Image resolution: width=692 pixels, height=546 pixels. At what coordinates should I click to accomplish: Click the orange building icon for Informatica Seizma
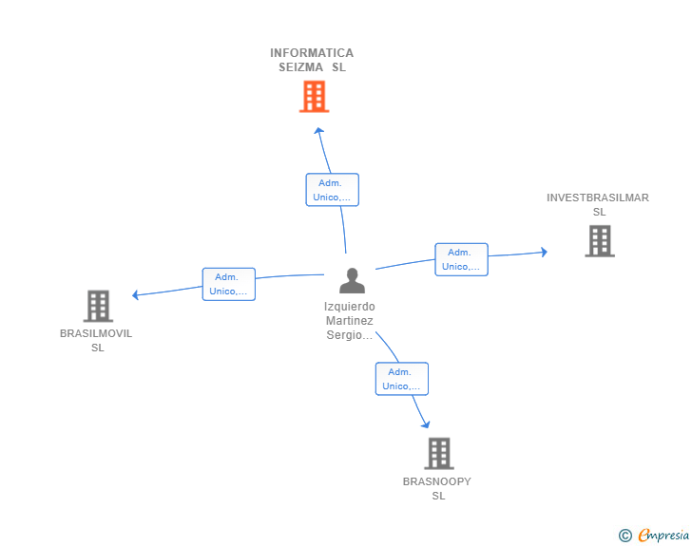[x=314, y=96]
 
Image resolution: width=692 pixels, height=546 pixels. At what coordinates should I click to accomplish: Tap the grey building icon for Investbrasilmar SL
[x=599, y=241]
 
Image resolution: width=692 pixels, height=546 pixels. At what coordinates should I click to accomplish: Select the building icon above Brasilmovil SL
[x=98, y=306]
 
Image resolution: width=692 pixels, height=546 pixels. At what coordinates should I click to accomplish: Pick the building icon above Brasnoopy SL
[x=438, y=453]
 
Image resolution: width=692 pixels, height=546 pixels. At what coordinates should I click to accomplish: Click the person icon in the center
[x=352, y=281]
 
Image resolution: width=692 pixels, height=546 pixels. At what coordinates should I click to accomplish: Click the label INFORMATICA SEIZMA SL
[x=312, y=60]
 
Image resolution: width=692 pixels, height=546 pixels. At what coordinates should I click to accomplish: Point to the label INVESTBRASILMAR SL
[x=598, y=204]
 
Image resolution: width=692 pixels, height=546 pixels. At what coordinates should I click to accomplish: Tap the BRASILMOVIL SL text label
[x=96, y=340]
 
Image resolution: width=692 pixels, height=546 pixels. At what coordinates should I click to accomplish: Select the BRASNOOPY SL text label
[x=437, y=488]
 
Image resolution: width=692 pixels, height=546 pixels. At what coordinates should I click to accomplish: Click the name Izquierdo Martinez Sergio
[x=350, y=321]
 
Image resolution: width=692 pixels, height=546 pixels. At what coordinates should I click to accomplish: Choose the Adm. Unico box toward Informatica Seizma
[x=332, y=190]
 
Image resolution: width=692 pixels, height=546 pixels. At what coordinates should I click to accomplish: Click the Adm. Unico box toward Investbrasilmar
[x=461, y=259]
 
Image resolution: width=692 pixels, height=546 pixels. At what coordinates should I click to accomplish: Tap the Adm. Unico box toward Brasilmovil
[x=228, y=284]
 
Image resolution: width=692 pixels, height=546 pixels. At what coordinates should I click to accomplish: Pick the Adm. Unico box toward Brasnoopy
[x=401, y=379]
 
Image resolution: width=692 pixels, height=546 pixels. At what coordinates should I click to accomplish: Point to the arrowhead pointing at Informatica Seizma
[x=319, y=131]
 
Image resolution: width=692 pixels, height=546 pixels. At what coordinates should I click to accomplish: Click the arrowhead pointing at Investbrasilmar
[x=544, y=252]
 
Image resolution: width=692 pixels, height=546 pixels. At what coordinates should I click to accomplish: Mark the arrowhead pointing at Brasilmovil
[x=136, y=295]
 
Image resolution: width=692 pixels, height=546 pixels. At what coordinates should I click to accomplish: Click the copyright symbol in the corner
[x=625, y=536]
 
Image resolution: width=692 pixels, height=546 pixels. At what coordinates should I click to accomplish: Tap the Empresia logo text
[x=663, y=536]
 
